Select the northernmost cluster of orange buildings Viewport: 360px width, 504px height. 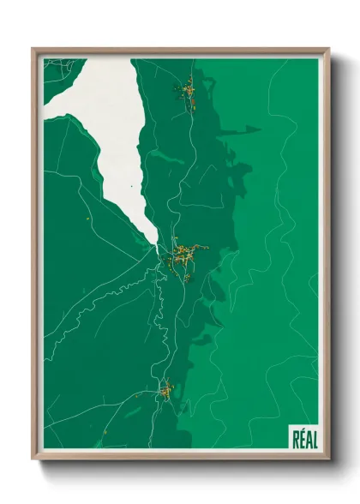pos(186,90)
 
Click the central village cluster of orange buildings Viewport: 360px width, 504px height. pos(183,255)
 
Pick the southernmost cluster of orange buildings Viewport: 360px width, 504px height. pos(165,392)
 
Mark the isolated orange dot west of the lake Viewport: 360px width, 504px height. pos(88,220)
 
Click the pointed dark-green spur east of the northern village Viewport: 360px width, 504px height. pos(252,129)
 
